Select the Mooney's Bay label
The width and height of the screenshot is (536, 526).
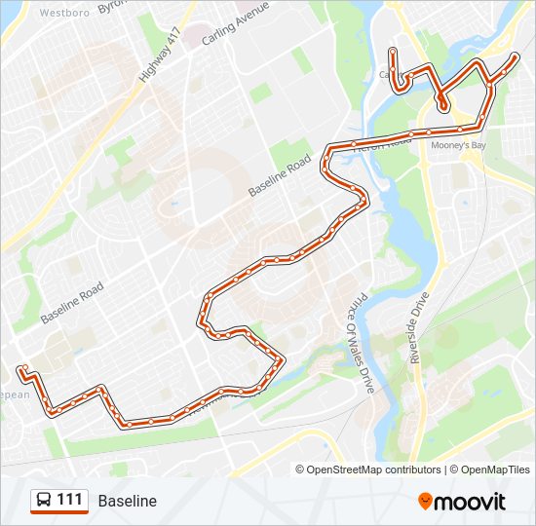click(x=458, y=145)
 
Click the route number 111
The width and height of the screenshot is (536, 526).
click(x=69, y=500)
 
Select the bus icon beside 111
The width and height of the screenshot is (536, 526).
click(x=44, y=500)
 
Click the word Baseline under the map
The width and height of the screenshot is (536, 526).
click(x=127, y=501)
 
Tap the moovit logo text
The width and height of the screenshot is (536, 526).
click(x=471, y=502)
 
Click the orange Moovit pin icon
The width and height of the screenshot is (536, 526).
click(x=426, y=501)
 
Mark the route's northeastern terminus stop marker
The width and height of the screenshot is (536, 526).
click(x=515, y=57)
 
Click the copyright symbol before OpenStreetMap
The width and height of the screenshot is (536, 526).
click(x=300, y=470)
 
